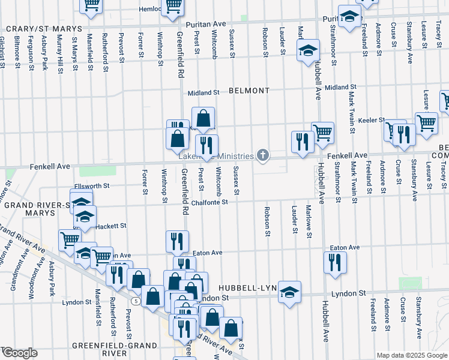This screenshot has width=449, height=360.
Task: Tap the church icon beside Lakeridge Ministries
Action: point(262,156)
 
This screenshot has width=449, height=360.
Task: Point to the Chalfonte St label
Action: point(209,202)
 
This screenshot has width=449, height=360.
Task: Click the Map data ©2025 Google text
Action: point(411,355)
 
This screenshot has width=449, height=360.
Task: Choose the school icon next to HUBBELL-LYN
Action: point(289,292)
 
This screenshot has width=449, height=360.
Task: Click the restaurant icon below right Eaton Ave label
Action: point(334,262)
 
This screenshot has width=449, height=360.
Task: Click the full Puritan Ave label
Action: point(205,24)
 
